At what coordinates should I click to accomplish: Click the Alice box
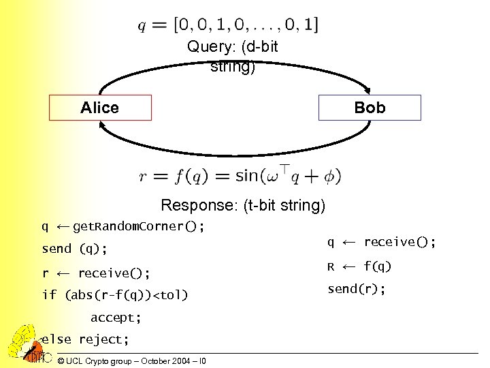[x=99, y=108]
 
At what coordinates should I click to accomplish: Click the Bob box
[x=370, y=108]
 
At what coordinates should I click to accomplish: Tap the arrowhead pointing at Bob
[x=368, y=89]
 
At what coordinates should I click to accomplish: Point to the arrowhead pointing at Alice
[x=102, y=127]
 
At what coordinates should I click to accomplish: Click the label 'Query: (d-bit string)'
[x=233, y=57]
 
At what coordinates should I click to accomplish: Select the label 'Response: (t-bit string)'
[x=243, y=205]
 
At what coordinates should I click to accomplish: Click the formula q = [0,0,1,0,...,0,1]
[x=228, y=25]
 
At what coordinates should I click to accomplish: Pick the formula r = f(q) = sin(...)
[x=240, y=177]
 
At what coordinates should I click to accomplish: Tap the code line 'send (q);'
[x=74, y=249]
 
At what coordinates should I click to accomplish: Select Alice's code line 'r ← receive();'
[x=96, y=273]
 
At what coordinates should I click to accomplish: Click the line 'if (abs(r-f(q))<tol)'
[x=114, y=295]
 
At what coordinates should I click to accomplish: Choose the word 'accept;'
[x=116, y=318]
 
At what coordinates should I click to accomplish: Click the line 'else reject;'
[x=82, y=339]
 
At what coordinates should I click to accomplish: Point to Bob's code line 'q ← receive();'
[x=381, y=242]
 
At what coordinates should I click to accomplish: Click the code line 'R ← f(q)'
[x=359, y=266]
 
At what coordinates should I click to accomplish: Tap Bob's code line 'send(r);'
[x=357, y=289]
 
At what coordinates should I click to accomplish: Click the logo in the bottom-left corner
[x=25, y=344]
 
